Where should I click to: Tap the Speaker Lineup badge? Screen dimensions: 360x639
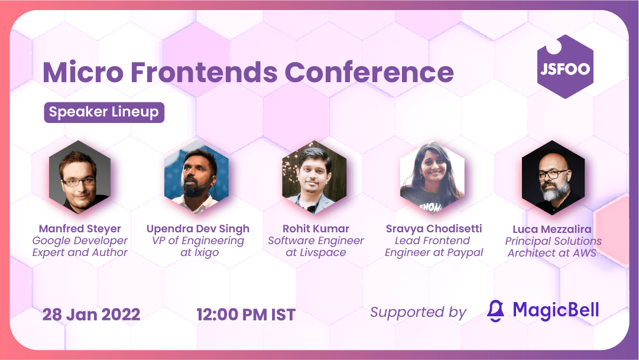[x=104, y=112]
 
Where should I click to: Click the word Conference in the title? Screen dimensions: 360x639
[x=369, y=72]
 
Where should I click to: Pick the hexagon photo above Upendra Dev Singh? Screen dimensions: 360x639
[x=196, y=177]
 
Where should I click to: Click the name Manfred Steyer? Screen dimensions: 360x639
[x=80, y=229]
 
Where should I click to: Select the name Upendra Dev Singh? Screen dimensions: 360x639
[x=198, y=229]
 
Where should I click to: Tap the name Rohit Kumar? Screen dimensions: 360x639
[x=316, y=229]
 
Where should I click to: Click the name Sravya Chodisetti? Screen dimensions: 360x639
[x=434, y=229]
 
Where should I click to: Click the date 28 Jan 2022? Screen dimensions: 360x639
[x=91, y=314]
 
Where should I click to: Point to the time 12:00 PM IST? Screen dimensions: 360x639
[x=246, y=314]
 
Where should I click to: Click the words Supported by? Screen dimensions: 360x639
[x=418, y=312]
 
